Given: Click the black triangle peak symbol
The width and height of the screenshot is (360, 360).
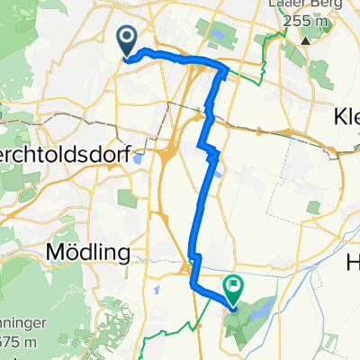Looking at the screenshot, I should point(306,40).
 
